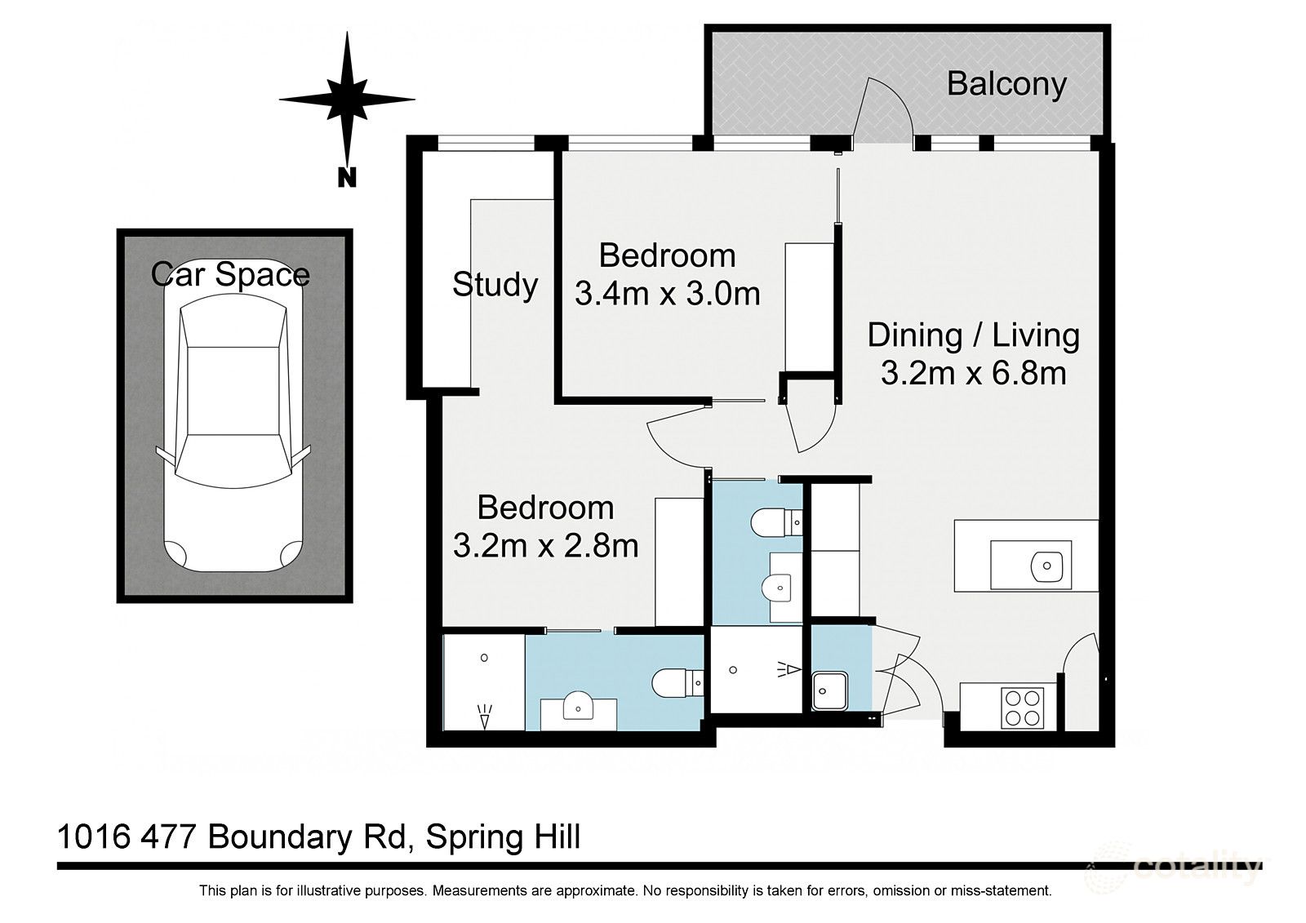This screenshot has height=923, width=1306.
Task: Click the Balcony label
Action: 1006,84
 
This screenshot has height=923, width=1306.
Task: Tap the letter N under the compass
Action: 347,177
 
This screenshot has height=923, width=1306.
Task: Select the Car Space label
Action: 230,274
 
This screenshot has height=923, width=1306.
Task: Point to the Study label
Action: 495,285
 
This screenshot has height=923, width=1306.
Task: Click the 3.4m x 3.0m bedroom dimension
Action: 667,293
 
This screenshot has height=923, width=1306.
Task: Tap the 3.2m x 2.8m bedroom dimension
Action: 545,545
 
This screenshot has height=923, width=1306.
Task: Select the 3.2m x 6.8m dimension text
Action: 973,373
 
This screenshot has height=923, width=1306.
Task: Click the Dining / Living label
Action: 973,335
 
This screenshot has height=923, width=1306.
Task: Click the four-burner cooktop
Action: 1023,708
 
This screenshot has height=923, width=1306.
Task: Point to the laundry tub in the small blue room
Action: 830,692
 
